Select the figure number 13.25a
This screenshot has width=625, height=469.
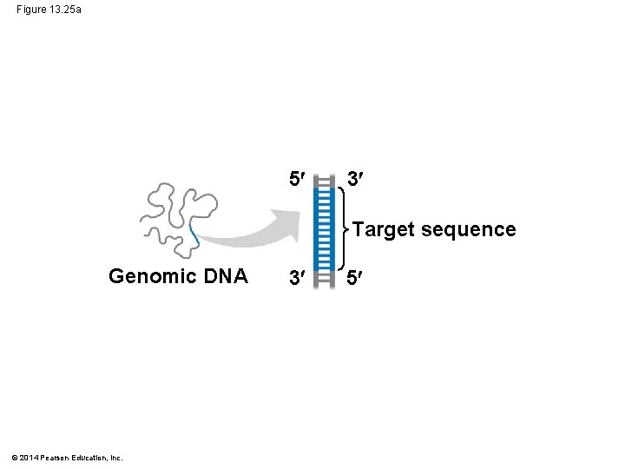coord(66,10)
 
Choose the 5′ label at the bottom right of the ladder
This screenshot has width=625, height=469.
coord(353,278)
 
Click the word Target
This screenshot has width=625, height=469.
coord(385,229)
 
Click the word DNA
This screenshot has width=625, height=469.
coord(227,276)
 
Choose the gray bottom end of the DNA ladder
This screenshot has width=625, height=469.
coord(324,277)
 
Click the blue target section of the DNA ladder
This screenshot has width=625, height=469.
coord(324,229)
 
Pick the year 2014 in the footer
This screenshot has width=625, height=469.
coord(31,458)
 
